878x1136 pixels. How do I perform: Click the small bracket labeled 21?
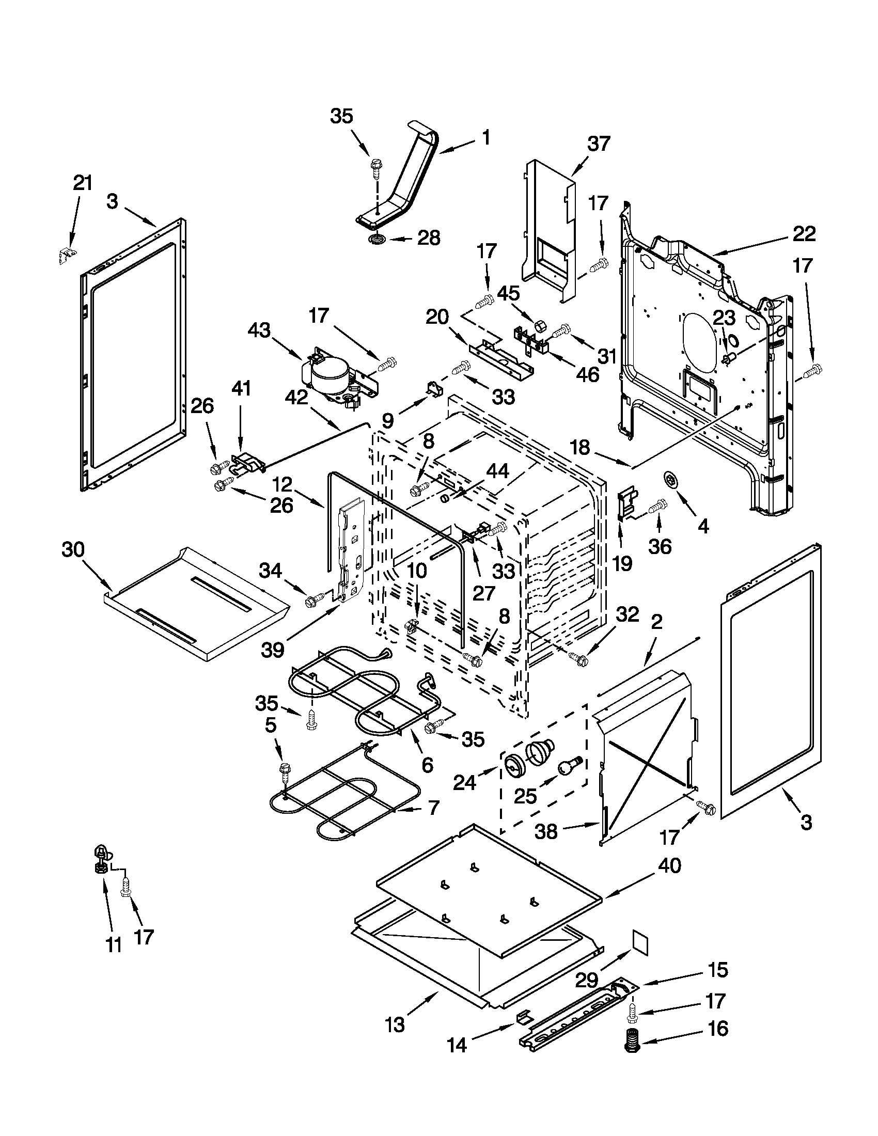point(67,255)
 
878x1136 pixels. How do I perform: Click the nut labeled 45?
point(539,326)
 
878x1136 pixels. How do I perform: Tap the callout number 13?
point(395,1023)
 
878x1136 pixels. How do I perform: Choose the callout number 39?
point(273,649)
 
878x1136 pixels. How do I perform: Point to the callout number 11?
point(114,944)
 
